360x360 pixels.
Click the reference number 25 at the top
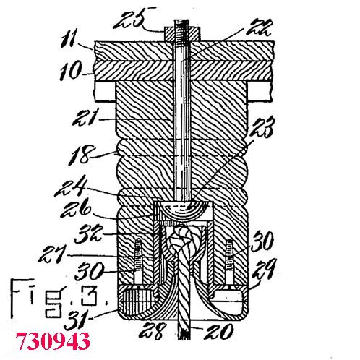[x=129, y=19]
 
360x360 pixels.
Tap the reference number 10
[x=71, y=70]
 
